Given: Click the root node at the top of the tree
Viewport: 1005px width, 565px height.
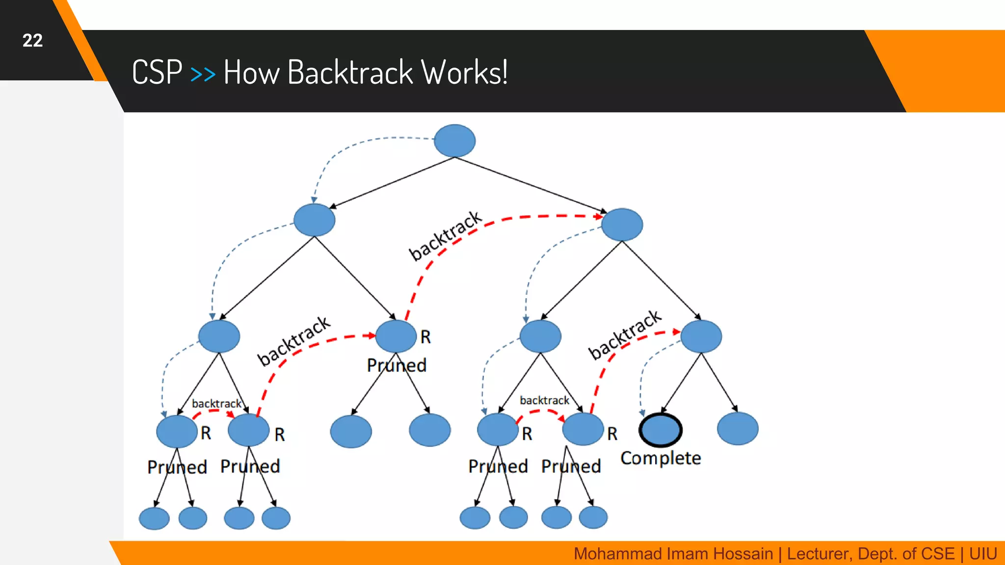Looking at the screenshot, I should pyautogui.click(x=454, y=141).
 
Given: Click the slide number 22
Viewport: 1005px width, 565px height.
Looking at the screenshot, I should pyautogui.click(x=32, y=41).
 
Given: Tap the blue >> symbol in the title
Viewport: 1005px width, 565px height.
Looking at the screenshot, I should pyautogui.click(x=202, y=74).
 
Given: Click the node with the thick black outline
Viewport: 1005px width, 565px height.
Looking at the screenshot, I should pyautogui.click(x=660, y=430).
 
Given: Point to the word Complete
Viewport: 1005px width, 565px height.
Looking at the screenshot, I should pyautogui.click(x=661, y=458).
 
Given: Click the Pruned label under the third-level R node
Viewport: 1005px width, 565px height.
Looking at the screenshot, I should pyautogui.click(x=397, y=365).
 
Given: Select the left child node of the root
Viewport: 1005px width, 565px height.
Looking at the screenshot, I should pyautogui.click(x=314, y=220).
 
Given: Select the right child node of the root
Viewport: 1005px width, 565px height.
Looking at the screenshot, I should pyautogui.click(x=622, y=225).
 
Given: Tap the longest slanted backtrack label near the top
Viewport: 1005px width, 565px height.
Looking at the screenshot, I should pyautogui.click(x=445, y=235).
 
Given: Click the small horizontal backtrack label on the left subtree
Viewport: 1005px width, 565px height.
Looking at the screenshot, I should pyautogui.click(x=216, y=404).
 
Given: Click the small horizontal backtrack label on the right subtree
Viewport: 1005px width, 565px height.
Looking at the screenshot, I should pyautogui.click(x=544, y=401).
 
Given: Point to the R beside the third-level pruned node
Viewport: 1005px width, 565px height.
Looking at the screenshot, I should pyautogui.click(x=425, y=337).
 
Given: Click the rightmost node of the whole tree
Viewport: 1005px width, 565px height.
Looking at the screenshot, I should pyautogui.click(x=737, y=429).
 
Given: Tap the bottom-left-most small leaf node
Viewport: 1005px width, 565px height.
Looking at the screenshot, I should pyautogui.click(x=154, y=518).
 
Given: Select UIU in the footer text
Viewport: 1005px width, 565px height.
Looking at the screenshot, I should pyautogui.click(x=982, y=554).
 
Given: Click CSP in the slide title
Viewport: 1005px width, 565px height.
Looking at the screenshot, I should pyautogui.click(x=157, y=73).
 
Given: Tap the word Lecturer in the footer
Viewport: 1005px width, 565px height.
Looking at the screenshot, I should pyautogui.click(x=819, y=554).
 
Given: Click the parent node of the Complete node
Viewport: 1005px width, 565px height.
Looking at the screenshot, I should pyautogui.click(x=701, y=336).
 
